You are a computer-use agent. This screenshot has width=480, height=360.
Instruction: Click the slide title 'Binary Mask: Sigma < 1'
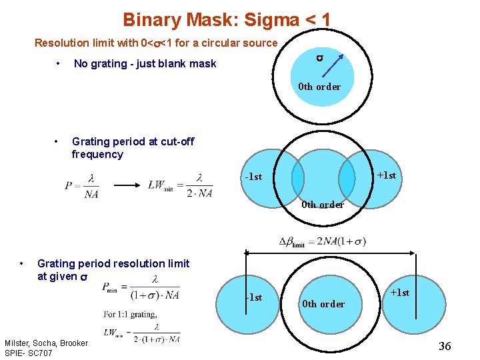tap(227, 20)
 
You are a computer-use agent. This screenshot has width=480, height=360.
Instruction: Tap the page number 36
tap(445, 345)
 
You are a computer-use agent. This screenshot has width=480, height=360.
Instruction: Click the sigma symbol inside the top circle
tap(320, 59)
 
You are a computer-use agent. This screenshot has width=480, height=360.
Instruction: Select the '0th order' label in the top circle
tap(319, 87)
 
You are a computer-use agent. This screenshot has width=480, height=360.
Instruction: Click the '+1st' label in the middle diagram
tap(386, 175)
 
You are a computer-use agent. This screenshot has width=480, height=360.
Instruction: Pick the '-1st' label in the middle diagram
tap(253, 177)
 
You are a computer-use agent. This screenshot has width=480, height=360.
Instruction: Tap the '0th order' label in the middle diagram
tap(323, 205)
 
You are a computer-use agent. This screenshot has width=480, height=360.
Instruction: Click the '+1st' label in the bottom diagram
tap(399, 293)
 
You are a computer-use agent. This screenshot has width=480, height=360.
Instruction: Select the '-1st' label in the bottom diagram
tap(253, 297)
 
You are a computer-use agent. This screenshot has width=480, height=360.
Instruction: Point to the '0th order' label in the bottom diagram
tap(323, 304)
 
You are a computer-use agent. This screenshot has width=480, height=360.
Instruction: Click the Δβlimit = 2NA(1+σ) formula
tap(322, 241)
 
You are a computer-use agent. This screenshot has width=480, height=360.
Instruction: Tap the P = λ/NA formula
tap(82, 185)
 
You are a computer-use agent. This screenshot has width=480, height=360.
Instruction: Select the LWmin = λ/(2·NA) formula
tap(181, 185)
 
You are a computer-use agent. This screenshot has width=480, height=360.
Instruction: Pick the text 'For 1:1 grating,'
tap(131, 315)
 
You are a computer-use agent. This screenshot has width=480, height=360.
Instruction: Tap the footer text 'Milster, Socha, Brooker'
tap(46, 343)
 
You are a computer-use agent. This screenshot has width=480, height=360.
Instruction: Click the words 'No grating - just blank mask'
tap(145, 64)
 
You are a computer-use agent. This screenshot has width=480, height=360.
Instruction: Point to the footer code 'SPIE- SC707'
tap(29, 352)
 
